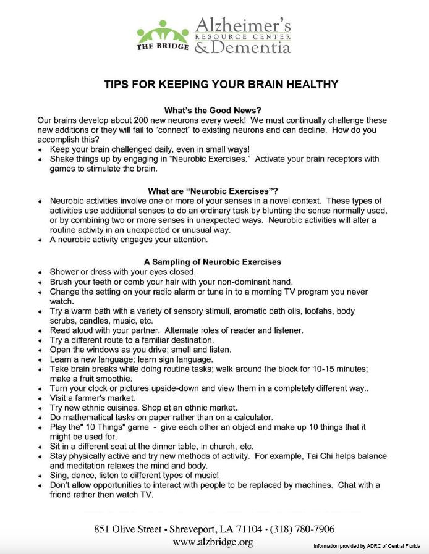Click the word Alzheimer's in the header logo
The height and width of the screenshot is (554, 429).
click(242, 25)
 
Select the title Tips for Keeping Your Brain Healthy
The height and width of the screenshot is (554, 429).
click(221, 85)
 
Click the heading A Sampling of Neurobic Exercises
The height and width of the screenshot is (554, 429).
click(213, 262)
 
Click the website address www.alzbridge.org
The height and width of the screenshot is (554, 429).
click(213, 542)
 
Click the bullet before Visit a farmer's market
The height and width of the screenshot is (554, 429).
click(40, 399)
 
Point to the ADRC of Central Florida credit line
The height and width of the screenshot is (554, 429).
click(367, 546)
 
